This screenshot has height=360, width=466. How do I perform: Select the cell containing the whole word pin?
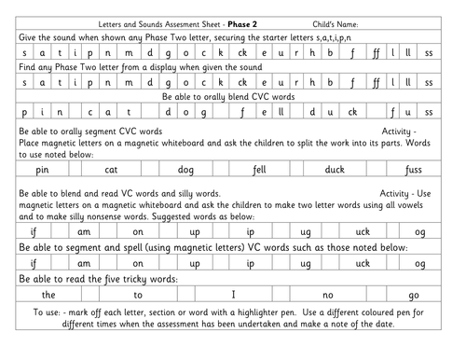click(x=42, y=172)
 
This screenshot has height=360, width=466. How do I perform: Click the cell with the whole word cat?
click(x=111, y=172)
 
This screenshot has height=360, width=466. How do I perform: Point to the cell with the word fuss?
click(x=412, y=172)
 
